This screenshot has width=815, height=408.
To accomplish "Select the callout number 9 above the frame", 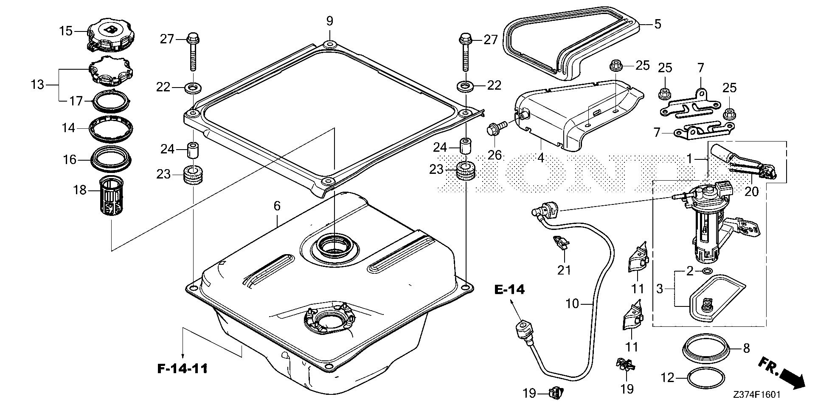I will click(330, 21).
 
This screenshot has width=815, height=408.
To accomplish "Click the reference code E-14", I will click(509, 289).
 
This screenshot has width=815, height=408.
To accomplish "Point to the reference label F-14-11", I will click(183, 368).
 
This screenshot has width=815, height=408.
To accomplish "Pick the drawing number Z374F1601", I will click(756, 395).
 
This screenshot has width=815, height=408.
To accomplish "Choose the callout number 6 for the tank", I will click(277, 206).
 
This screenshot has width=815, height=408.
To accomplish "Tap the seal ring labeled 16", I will click(111, 158).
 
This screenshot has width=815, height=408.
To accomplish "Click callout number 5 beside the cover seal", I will click(657, 24).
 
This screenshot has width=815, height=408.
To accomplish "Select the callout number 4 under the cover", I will click(540, 157).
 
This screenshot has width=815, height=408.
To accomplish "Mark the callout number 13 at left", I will click(38, 85).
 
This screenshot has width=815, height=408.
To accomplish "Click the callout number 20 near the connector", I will click(751, 192).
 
